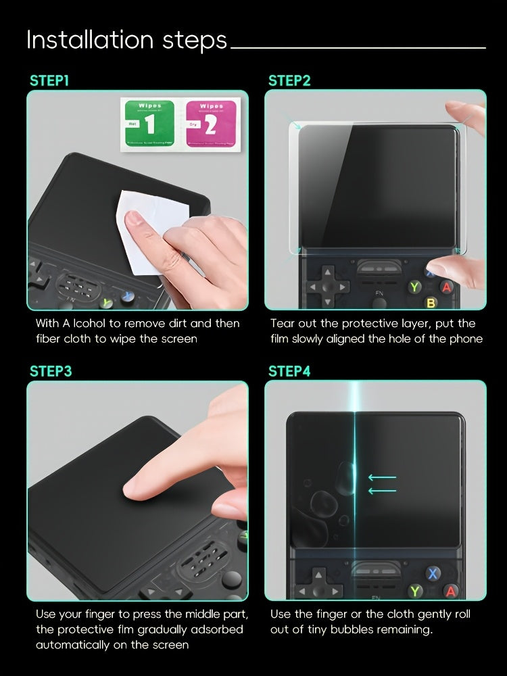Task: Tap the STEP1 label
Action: point(49,81)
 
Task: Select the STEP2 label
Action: point(289,81)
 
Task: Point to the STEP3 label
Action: point(51,371)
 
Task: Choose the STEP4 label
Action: point(289,371)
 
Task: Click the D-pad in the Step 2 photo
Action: point(327,286)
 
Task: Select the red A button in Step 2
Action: point(446,287)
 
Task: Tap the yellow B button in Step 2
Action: point(430,303)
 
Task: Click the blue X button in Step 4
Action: point(433,574)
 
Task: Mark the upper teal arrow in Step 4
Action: point(383,478)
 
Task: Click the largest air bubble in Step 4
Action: point(321,503)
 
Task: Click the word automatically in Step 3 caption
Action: point(74,644)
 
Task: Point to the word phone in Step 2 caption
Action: point(466,339)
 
